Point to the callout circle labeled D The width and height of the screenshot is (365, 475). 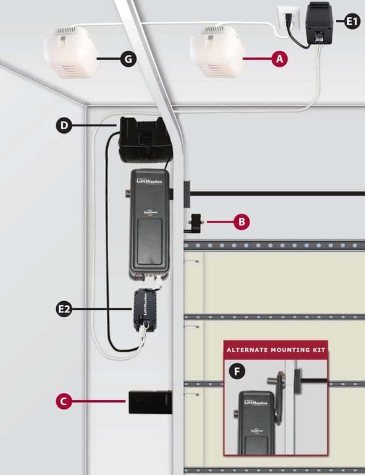[64, 126]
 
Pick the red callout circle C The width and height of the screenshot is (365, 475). [64, 401]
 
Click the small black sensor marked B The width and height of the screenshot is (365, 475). [196, 221]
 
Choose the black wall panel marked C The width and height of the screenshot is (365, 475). [148, 401]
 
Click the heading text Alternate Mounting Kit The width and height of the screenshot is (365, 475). [275, 349]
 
